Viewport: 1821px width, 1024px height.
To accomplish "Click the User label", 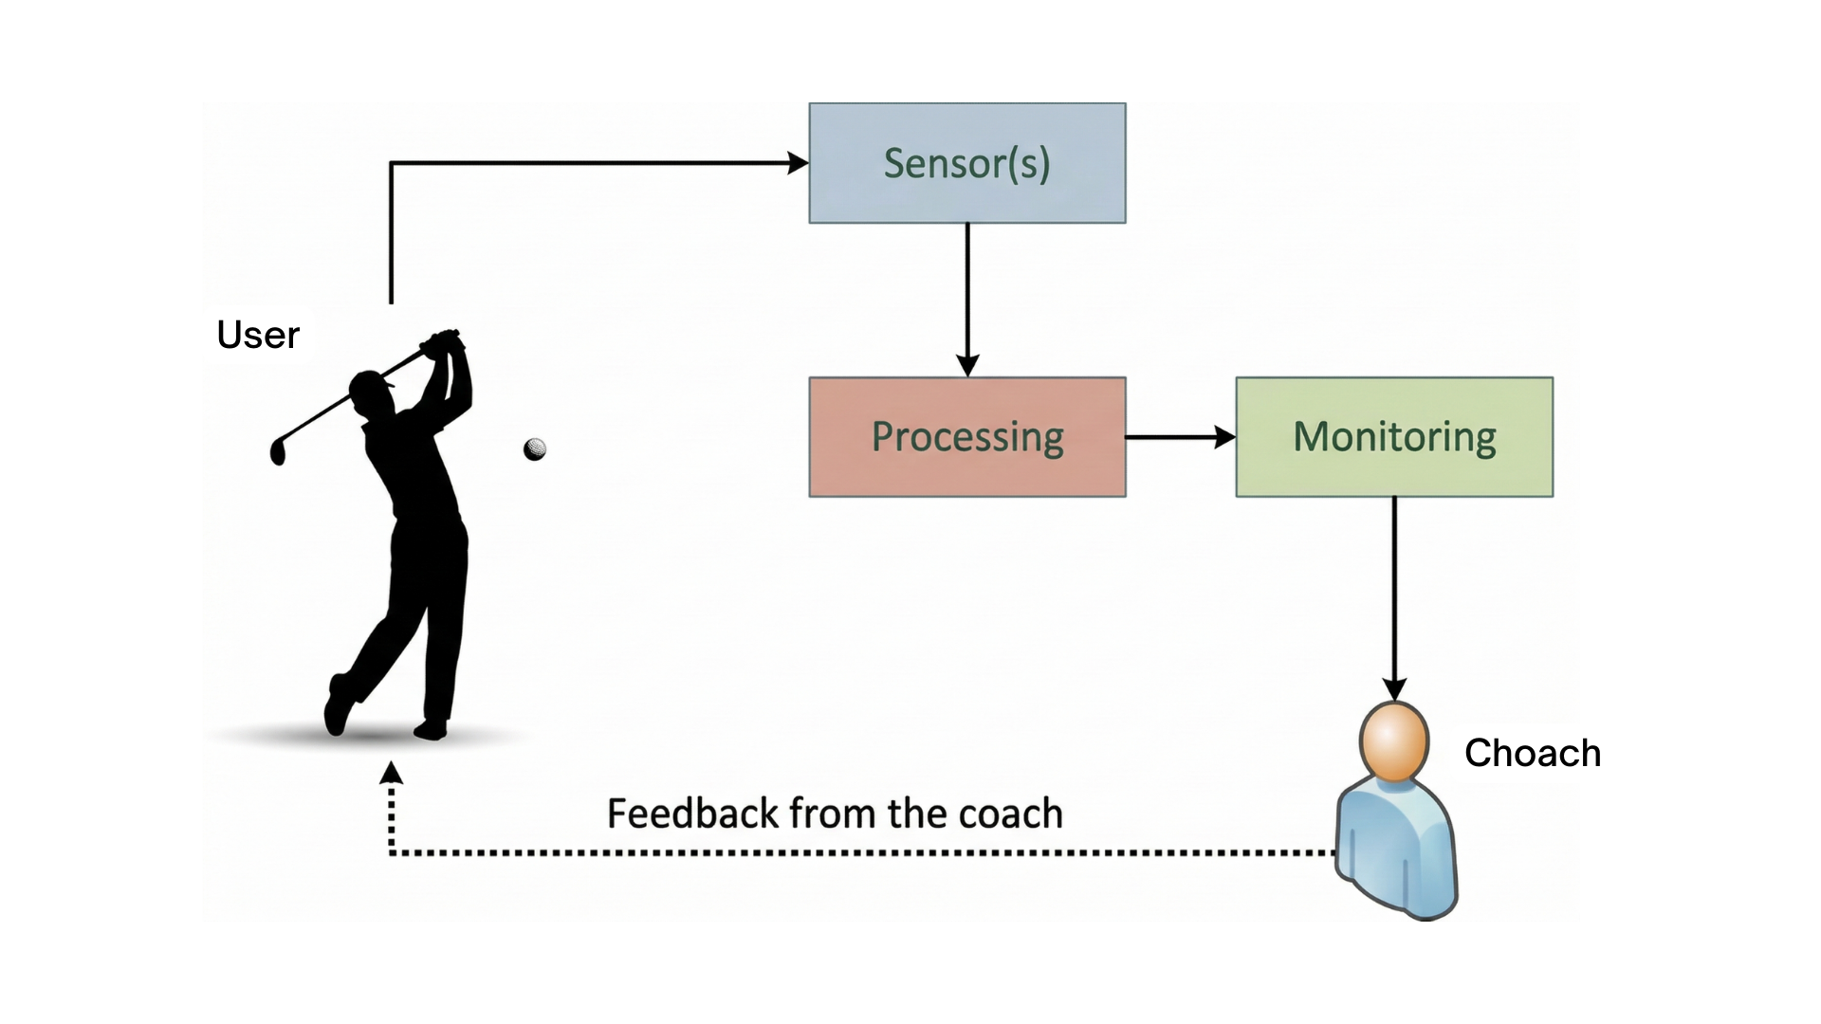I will point(258,335).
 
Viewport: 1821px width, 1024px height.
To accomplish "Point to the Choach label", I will point(1532,753).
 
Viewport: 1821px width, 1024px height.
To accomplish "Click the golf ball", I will point(535,448).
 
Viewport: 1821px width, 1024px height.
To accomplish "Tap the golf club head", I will point(278,452).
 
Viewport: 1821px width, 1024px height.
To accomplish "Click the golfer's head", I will point(367,391).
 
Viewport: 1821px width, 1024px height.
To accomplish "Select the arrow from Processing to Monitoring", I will point(1180,437).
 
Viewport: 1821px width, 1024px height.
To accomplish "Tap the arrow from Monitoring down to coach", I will point(1394,597).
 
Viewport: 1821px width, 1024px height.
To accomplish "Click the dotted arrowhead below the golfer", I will point(391,773).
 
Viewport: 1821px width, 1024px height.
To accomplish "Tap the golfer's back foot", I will point(337,706).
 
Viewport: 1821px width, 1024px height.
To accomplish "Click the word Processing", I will point(966,437).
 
